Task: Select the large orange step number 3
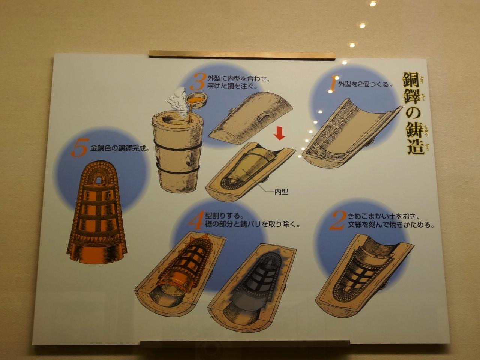click(198, 81)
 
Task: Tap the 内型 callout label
click(281, 192)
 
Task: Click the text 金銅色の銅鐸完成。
click(120, 148)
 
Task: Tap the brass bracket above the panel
click(242, 54)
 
